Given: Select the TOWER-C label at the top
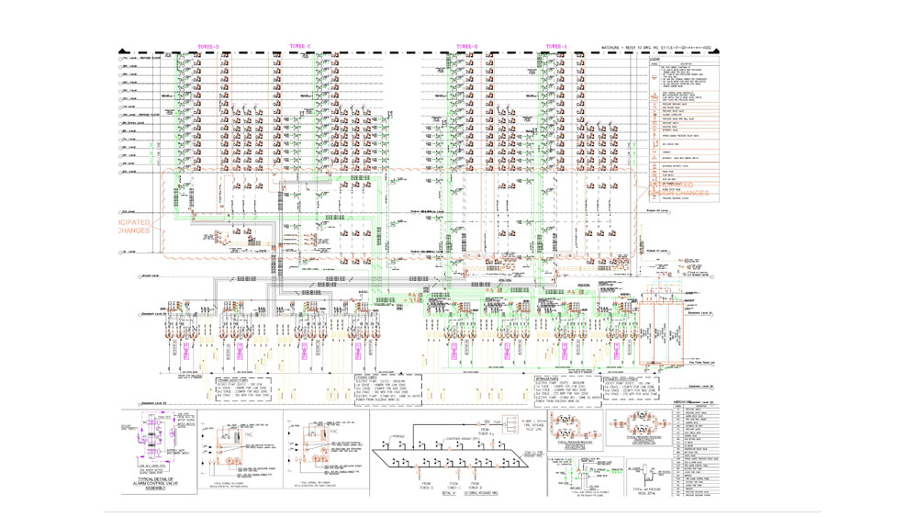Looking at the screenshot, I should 300,46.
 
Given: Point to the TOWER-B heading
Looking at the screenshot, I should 466,46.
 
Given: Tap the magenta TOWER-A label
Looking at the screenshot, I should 556,46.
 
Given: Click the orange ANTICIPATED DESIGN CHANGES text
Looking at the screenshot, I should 679,189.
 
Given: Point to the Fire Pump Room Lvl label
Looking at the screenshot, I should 701,365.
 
